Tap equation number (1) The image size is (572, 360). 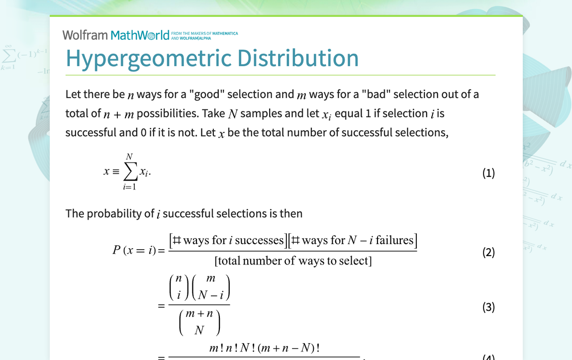488,173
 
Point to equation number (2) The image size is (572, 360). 488,252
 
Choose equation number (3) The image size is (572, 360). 488,307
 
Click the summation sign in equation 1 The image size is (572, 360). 130,172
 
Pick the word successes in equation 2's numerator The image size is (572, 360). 259,241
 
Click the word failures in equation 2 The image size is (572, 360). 394,241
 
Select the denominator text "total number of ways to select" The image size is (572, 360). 293,261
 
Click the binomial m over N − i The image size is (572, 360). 210,287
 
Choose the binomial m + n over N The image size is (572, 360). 199,322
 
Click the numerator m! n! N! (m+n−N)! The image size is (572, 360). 264,349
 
